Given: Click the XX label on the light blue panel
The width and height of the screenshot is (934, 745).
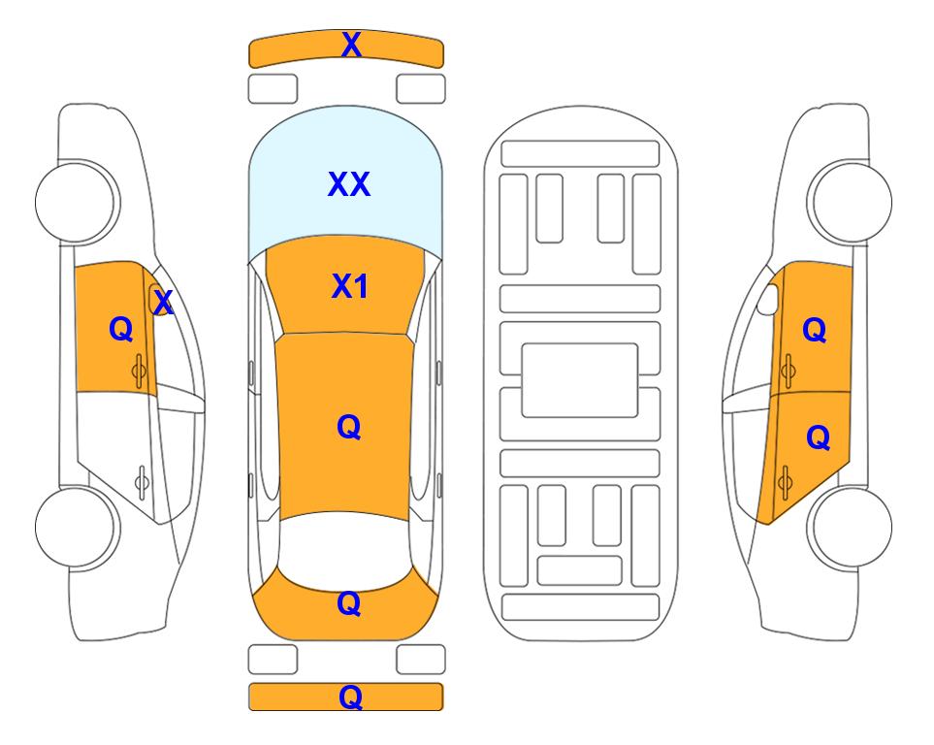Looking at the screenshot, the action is pos(349,184).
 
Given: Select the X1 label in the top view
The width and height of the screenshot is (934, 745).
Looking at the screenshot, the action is pos(350,286).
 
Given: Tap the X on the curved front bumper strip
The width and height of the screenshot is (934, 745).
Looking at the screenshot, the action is pos(351,44).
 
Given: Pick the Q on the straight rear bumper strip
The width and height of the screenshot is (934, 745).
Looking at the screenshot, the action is pos(350,696).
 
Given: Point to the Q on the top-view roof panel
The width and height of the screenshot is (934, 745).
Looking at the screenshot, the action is pos(348,427).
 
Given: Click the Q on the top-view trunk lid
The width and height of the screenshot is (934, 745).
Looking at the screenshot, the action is pos(348,603).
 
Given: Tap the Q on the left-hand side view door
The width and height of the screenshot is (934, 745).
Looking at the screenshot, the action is pos(121,329).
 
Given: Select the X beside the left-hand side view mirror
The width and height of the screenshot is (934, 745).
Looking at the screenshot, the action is pos(163,302).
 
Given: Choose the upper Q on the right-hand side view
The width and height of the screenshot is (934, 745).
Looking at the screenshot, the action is pos(815,330).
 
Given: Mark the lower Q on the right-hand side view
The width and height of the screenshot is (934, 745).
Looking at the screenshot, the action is pos(818,437).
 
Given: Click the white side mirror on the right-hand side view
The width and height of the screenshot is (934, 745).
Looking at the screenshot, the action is pos(768,299).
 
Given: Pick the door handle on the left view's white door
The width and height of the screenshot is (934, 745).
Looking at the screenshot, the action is pos(142,481).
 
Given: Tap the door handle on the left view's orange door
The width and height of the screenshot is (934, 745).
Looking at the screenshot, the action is pos(139,371).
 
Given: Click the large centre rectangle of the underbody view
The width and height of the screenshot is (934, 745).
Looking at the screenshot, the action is pos(580,380).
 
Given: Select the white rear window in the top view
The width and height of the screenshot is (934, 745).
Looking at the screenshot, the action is pos(345,550).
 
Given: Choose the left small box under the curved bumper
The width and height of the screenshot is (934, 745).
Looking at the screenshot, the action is pos(273,89).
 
